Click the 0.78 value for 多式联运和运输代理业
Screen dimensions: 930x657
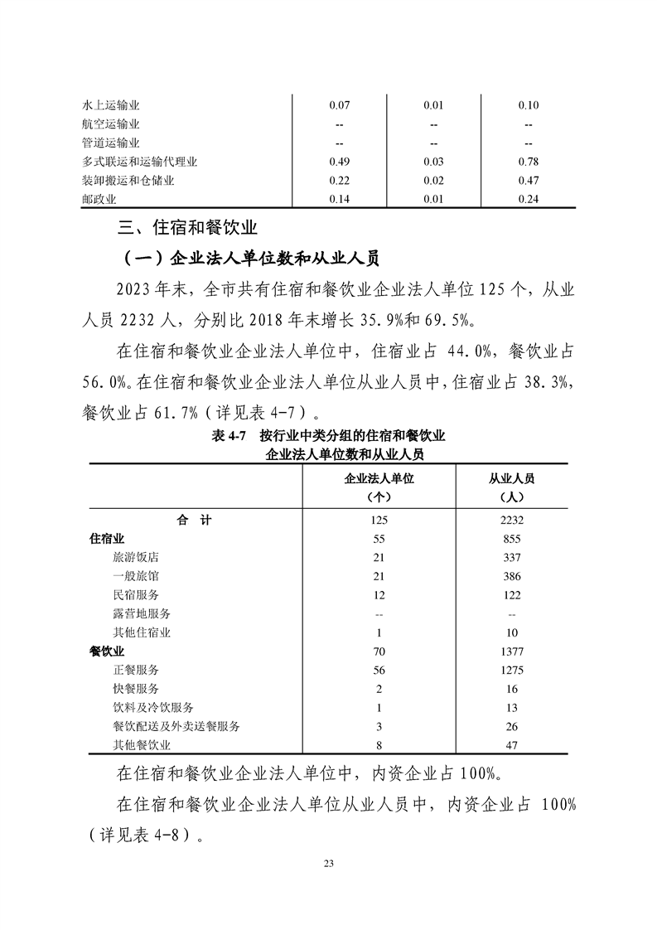(x=529, y=161)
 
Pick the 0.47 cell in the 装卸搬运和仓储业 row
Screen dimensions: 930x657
(x=529, y=180)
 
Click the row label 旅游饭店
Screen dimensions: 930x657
(x=136, y=557)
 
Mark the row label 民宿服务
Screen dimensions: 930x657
(x=136, y=594)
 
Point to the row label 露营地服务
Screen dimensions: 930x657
(x=142, y=613)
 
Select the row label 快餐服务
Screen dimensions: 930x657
(x=136, y=688)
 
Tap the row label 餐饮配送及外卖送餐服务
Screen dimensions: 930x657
(x=176, y=726)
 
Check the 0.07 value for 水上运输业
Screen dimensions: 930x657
(x=340, y=105)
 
